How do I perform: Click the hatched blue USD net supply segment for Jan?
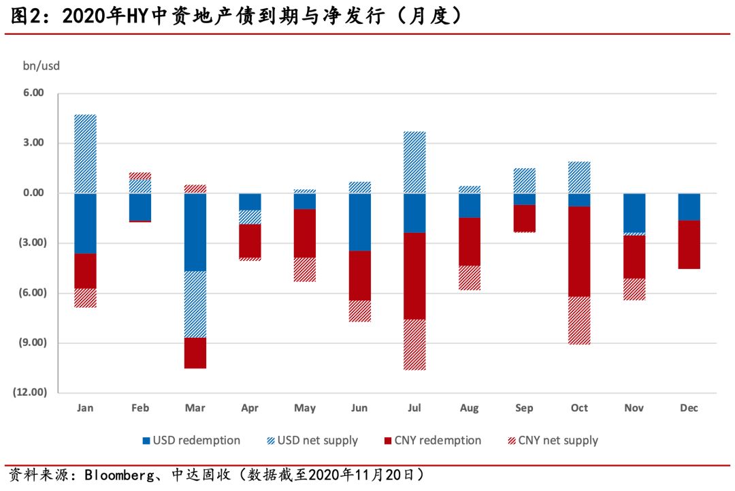pos(85,154)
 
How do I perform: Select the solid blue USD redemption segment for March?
pos(195,232)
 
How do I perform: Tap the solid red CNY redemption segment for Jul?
pos(414,276)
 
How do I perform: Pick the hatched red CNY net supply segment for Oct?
pos(579,320)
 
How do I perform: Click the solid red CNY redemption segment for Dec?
pos(689,244)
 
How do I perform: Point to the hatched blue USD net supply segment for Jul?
pos(414,162)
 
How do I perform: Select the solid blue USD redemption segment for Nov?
pos(634,213)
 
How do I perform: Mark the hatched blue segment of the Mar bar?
pos(195,304)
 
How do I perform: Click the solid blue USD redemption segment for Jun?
pos(360,222)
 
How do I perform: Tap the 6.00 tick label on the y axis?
pos(33,93)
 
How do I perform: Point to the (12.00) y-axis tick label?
pos(29,392)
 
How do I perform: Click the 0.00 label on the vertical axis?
pos(33,193)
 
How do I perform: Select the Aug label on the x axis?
pos(469,408)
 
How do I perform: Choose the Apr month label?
pos(250,408)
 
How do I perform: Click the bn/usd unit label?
pos(42,65)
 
